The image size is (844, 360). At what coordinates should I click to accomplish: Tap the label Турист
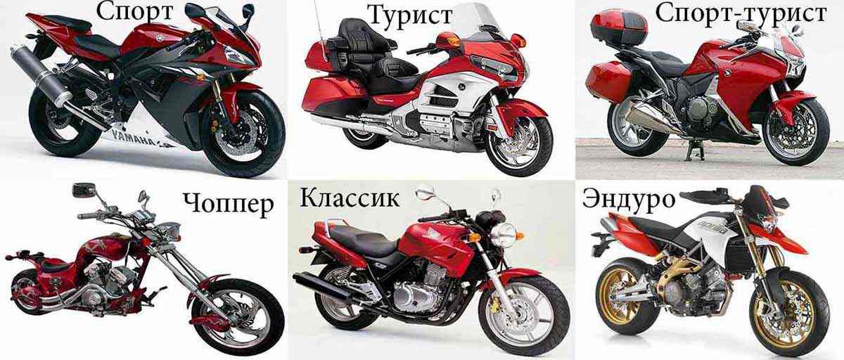(409, 15)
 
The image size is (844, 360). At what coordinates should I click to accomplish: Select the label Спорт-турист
(741, 14)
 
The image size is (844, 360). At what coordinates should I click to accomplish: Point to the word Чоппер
(229, 205)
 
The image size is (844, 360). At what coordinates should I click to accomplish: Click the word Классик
(350, 198)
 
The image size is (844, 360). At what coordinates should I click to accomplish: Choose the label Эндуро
(629, 199)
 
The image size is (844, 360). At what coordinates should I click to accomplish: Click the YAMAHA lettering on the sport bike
(133, 139)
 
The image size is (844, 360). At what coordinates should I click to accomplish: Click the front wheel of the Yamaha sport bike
(242, 133)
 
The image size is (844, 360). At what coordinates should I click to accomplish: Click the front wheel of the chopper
(237, 318)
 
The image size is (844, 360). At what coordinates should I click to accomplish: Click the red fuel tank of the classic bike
(436, 244)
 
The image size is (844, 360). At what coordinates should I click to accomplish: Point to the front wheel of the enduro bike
(789, 314)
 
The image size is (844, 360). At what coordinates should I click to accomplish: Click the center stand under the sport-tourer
(692, 150)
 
